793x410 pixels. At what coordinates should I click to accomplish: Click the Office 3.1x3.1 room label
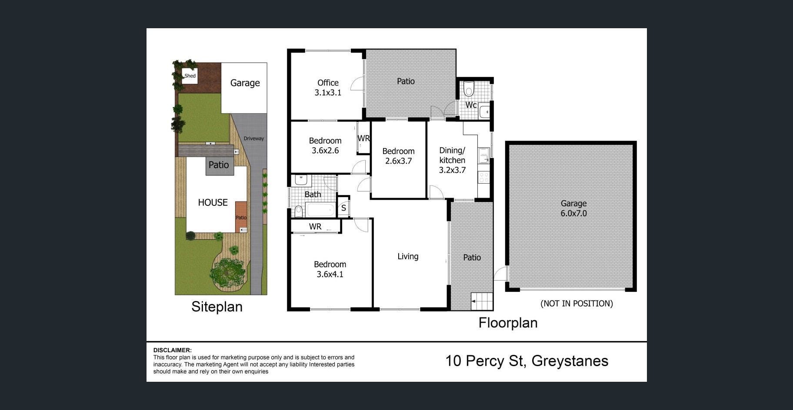coord(328,88)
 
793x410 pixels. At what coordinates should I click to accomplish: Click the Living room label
coord(408,256)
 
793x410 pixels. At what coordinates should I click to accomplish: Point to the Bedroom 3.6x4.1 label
coord(330,269)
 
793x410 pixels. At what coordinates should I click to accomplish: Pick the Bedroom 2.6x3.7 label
coord(398,156)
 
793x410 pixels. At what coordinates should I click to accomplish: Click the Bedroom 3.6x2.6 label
coord(325,145)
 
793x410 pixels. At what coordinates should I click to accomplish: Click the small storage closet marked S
coord(343,208)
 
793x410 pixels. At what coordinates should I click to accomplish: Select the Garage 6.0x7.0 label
coord(573,208)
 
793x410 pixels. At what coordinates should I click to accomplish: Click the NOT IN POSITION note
coord(576,304)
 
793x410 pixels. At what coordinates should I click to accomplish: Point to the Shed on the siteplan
coord(190,76)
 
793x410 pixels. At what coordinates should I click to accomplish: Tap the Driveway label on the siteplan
coord(254,139)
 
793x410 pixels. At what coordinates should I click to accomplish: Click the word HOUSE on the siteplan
coord(213,202)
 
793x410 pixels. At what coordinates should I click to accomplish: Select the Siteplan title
coord(217,307)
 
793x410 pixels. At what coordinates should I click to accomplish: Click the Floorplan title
coord(508,323)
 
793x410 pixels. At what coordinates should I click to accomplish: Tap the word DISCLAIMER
coord(172,350)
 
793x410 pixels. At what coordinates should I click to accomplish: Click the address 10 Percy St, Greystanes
coord(527,361)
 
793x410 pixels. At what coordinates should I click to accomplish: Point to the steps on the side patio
coord(482,301)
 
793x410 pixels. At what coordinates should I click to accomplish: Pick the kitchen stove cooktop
coord(483,177)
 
